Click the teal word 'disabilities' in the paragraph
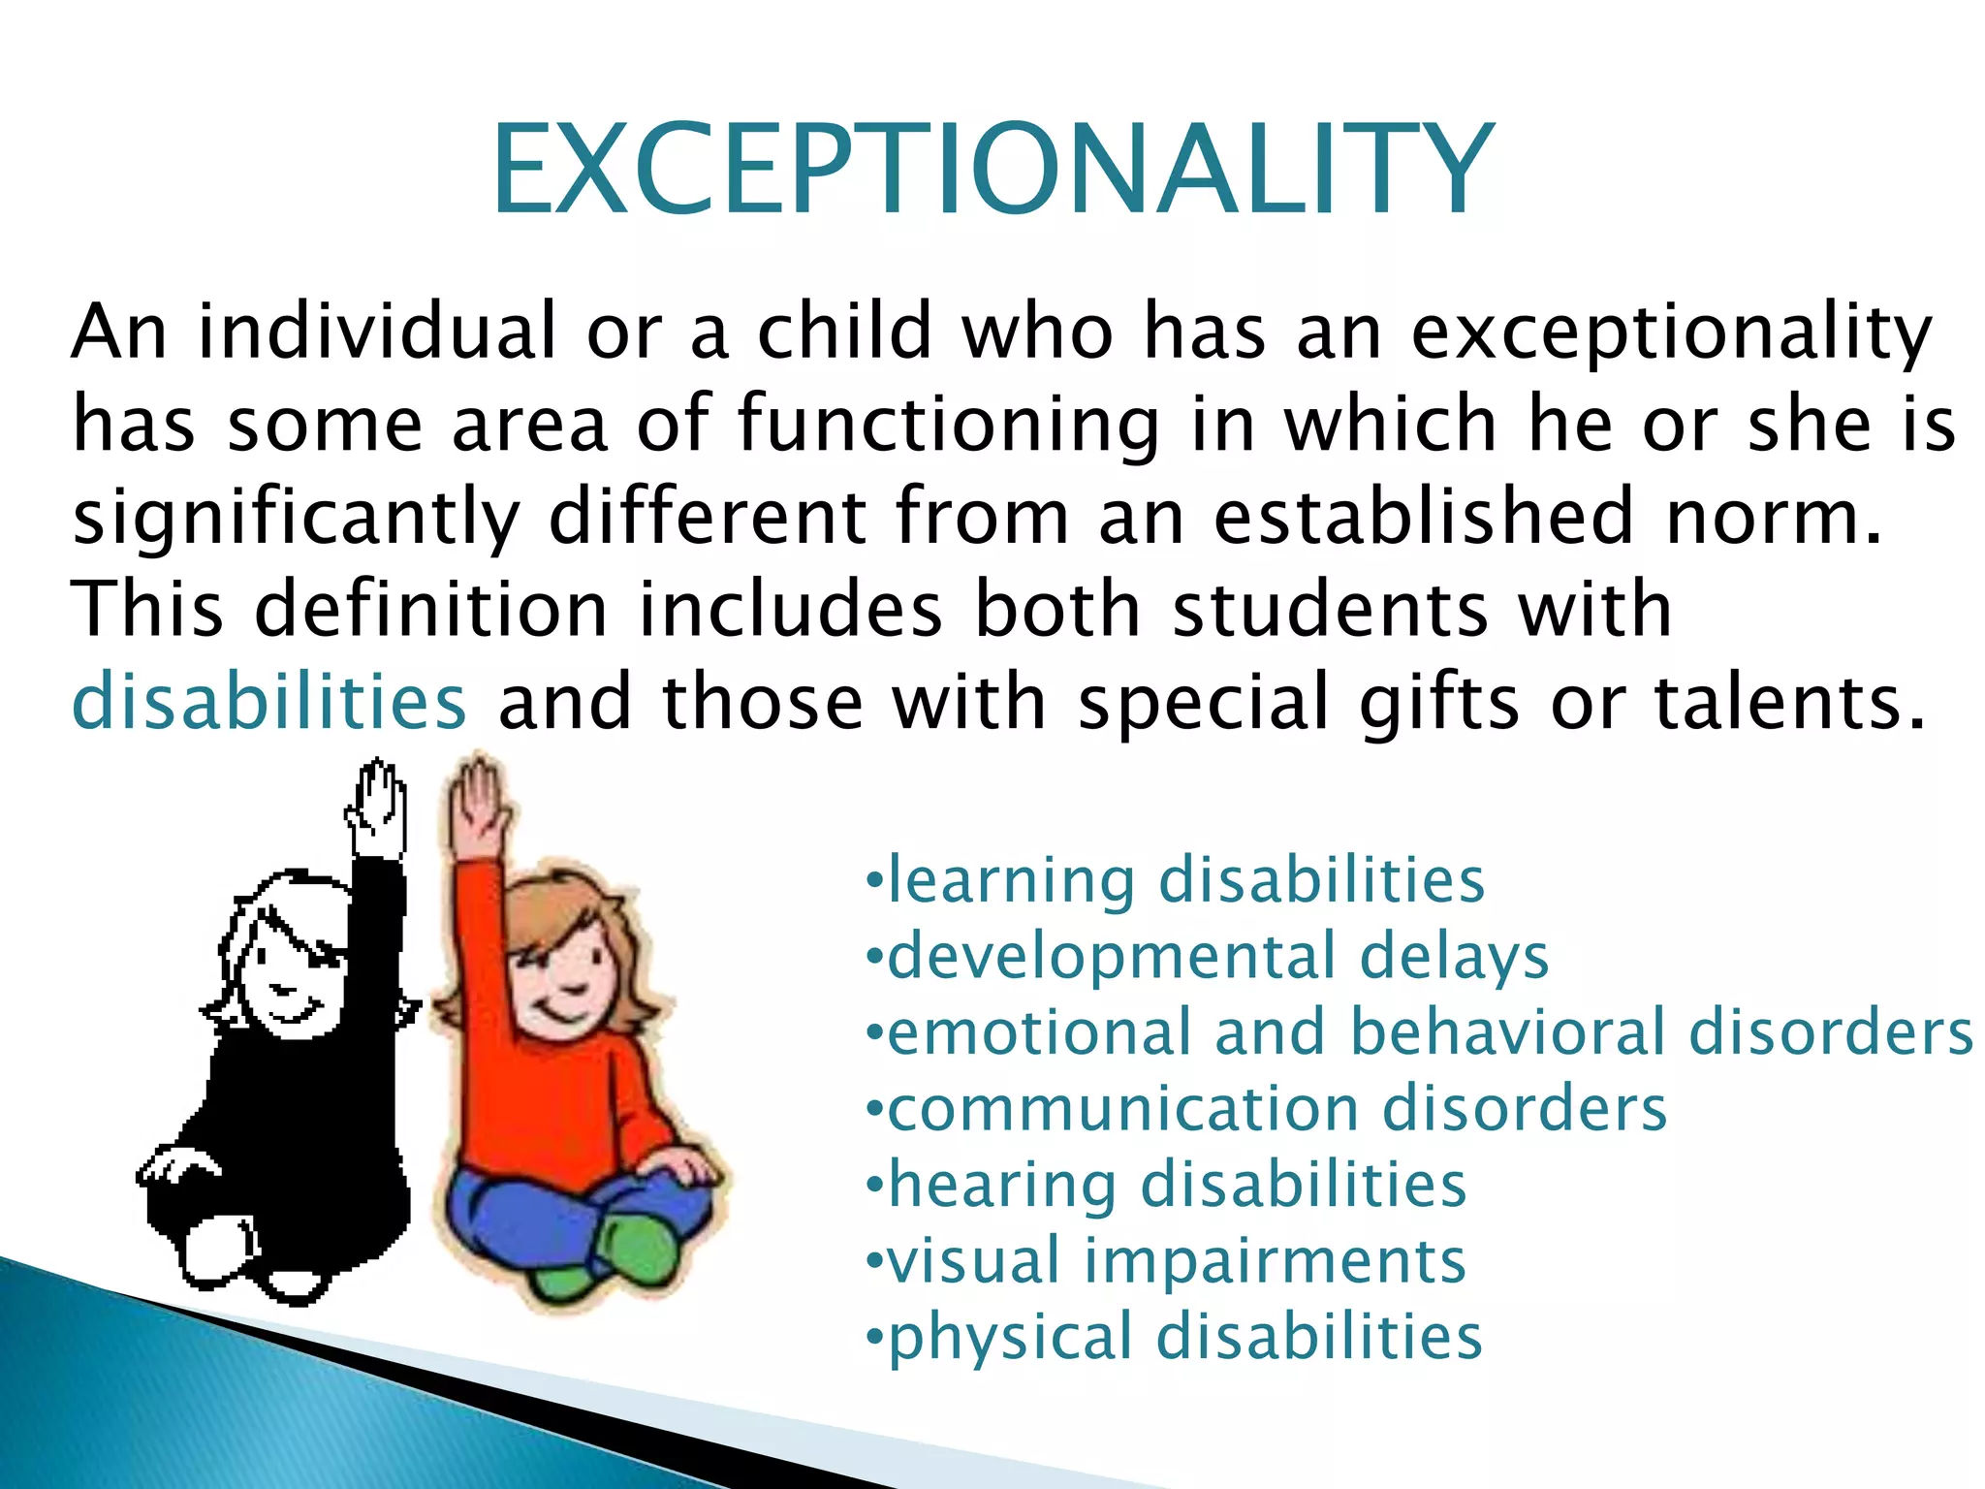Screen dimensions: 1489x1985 269,701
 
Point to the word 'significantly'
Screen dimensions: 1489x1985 297,519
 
